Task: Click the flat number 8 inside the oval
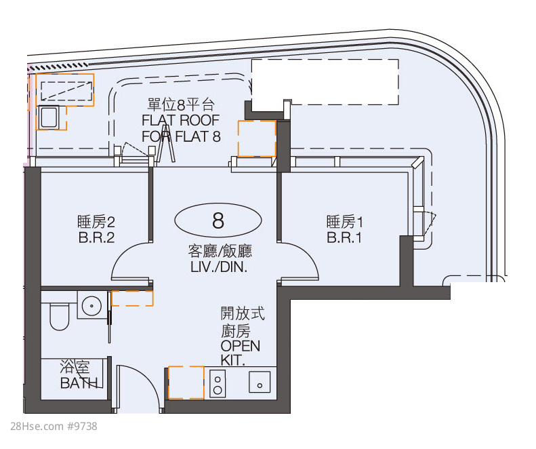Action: [x=218, y=220]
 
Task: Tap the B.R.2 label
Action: [x=96, y=237]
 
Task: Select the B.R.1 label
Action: [x=344, y=237]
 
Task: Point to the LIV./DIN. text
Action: [x=219, y=267]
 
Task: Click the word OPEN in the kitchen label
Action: [x=241, y=346]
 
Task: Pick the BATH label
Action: [x=79, y=383]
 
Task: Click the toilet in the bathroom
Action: [x=59, y=315]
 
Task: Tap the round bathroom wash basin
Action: [x=91, y=305]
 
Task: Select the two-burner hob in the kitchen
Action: [x=218, y=384]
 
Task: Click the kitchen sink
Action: [x=260, y=382]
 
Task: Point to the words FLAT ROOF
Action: [x=180, y=120]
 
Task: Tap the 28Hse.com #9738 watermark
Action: [x=54, y=427]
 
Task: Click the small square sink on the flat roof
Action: [x=49, y=117]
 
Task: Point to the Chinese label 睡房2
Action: [x=96, y=222]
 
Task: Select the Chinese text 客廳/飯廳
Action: [x=220, y=251]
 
